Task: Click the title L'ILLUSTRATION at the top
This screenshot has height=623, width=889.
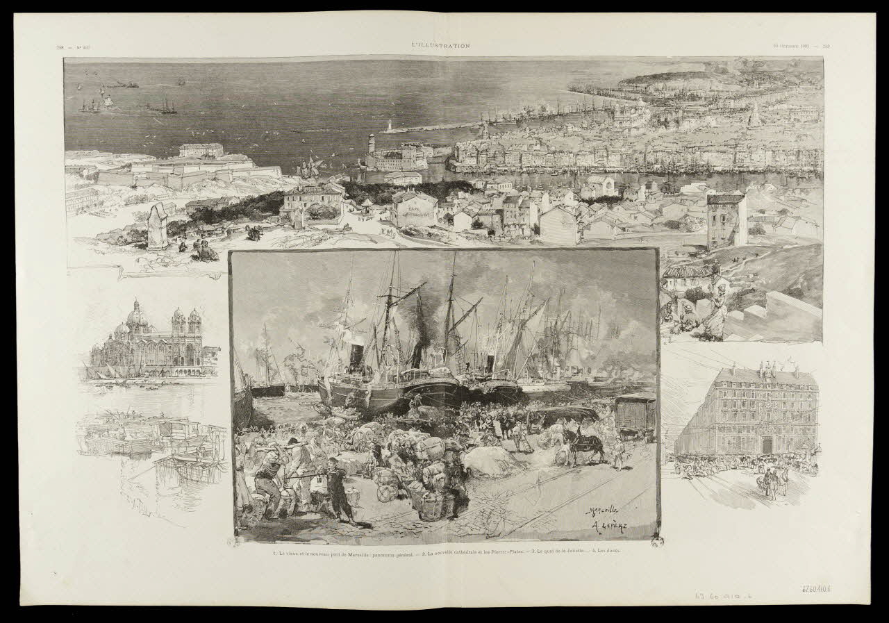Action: (x=440, y=46)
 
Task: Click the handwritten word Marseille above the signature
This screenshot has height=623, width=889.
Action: (x=603, y=511)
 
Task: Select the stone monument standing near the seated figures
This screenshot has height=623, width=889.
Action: (x=158, y=226)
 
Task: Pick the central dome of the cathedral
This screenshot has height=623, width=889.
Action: (x=137, y=316)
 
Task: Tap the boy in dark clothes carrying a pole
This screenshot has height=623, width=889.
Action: (x=340, y=490)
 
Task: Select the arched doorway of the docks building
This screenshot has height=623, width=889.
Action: (x=767, y=445)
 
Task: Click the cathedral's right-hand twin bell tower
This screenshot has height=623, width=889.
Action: (x=194, y=325)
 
